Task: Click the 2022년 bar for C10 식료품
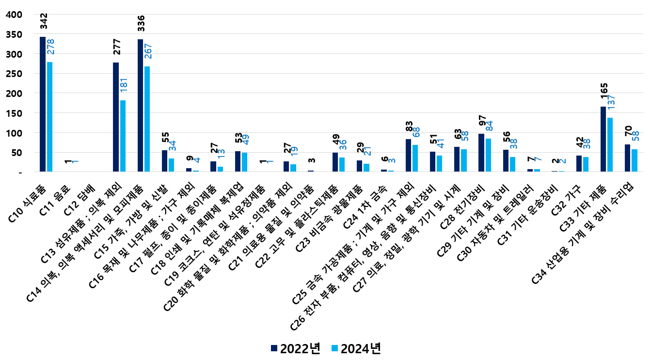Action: (43, 104)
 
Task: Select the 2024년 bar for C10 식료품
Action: (49, 117)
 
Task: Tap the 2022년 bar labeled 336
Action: (140, 106)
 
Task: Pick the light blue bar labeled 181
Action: (123, 136)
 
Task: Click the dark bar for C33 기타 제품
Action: (603, 139)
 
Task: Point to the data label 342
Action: (44, 22)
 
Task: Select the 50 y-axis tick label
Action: (16, 152)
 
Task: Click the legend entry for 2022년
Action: (296, 348)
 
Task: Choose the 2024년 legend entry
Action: (356, 348)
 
